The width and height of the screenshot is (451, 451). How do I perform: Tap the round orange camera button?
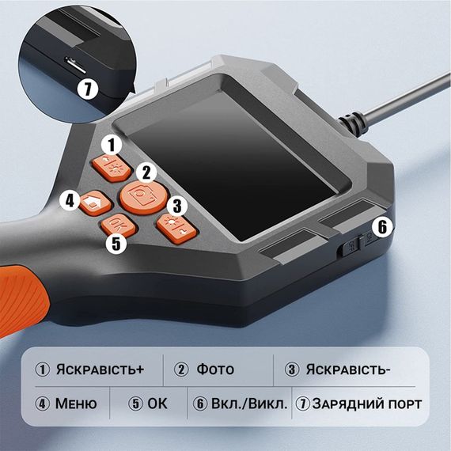click(x=143, y=198)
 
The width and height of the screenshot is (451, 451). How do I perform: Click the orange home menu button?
click(x=96, y=203)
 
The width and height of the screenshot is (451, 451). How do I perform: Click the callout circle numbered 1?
click(x=112, y=145)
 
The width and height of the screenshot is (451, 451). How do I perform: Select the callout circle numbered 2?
click(x=146, y=172)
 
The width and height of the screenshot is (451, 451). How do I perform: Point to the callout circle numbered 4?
click(x=70, y=200)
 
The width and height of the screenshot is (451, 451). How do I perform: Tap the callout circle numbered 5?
click(x=116, y=244)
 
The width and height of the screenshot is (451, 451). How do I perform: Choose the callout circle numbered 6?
click(x=382, y=227)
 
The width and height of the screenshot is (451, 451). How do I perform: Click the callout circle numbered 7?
click(x=88, y=89)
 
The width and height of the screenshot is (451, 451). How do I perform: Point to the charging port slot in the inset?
click(x=75, y=65)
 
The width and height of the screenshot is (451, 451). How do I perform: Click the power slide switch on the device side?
click(x=349, y=245)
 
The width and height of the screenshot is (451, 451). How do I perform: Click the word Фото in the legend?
click(x=215, y=370)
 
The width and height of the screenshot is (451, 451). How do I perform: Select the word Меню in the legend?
click(x=76, y=404)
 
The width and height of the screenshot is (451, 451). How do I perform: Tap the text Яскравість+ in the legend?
click(x=100, y=370)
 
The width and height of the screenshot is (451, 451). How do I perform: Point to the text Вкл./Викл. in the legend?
click(x=249, y=404)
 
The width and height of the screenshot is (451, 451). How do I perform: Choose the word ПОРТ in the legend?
click(x=405, y=404)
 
